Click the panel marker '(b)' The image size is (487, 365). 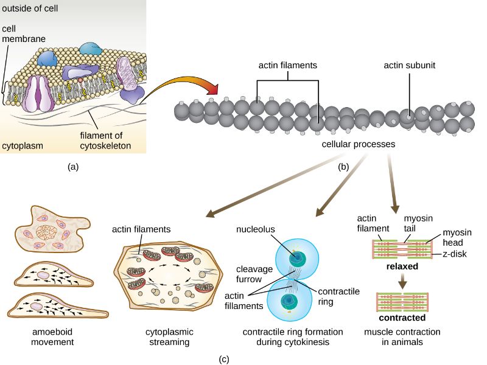click(342, 165)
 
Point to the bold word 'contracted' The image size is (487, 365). click(401, 317)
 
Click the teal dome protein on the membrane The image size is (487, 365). click(91, 49)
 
